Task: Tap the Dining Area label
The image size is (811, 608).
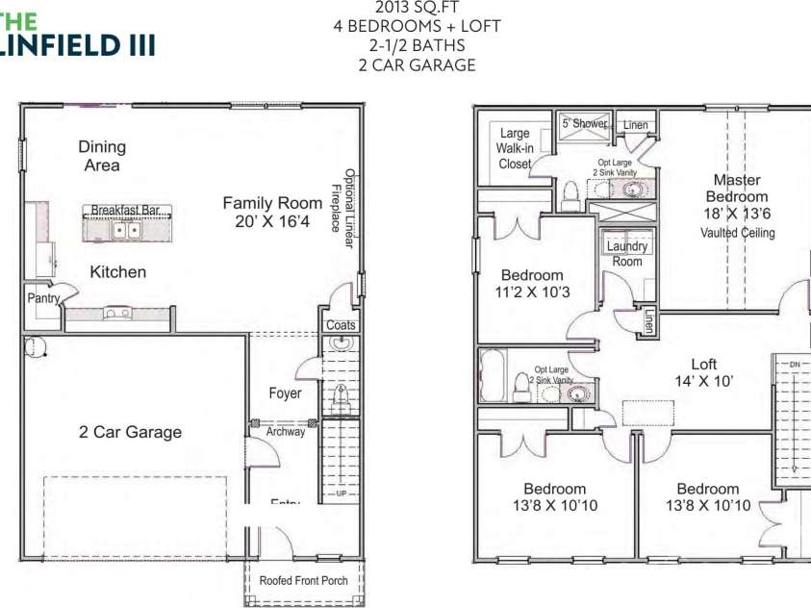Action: click(x=102, y=156)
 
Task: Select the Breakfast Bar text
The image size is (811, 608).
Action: click(x=130, y=210)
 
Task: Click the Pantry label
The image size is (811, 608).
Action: click(x=43, y=299)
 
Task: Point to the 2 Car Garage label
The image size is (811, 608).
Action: click(x=130, y=432)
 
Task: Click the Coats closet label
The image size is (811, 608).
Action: click(x=341, y=325)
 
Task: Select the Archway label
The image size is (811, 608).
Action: click(x=286, y=432)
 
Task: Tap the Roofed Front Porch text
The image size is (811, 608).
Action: click(x=302, y=581)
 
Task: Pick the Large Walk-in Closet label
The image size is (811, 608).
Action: click(x=515, y=149)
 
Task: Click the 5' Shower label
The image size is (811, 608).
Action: click(x=585, y=123)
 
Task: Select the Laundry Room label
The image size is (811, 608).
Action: click(x=626, y=254)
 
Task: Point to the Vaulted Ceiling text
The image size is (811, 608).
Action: click(x=738, y=233)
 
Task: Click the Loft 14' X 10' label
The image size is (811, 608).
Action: click(x=704, y=372)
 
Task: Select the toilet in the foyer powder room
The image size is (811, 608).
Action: click(x=340, y=395)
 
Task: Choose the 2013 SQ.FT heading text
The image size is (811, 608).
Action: click(x=417, y=8)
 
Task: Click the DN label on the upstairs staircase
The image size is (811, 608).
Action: click(x=795, y=365)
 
